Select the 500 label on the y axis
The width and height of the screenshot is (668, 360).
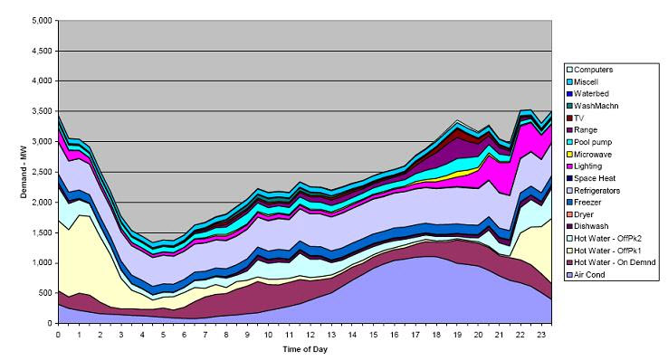click(43, 293)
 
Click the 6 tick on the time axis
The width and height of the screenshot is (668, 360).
click(184, 335)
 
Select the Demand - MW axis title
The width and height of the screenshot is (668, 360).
click(10, 172)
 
